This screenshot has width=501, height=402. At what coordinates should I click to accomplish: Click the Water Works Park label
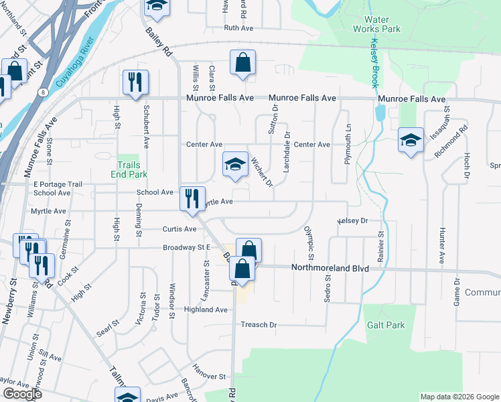(x=381, y=25)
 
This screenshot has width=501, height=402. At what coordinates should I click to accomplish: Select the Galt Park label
(x=386, y=325)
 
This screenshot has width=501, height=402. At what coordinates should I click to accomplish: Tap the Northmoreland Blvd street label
(x=330, y=268)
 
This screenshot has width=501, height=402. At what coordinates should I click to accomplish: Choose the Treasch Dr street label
(x=259, y=325)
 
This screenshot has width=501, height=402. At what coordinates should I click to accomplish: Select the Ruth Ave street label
(x=240, y=28)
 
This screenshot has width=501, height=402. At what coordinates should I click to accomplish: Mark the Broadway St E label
(x=187, y=248)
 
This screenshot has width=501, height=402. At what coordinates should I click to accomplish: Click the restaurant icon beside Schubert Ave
(x=136, y=82)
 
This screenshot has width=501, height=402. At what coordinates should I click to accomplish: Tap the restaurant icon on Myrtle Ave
(x=192, y=198)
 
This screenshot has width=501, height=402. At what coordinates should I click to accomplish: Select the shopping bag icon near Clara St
(x=243, y=63)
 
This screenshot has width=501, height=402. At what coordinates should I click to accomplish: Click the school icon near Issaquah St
(x=411, y=140)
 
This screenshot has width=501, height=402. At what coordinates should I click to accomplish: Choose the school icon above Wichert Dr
(x=235, y=164)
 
